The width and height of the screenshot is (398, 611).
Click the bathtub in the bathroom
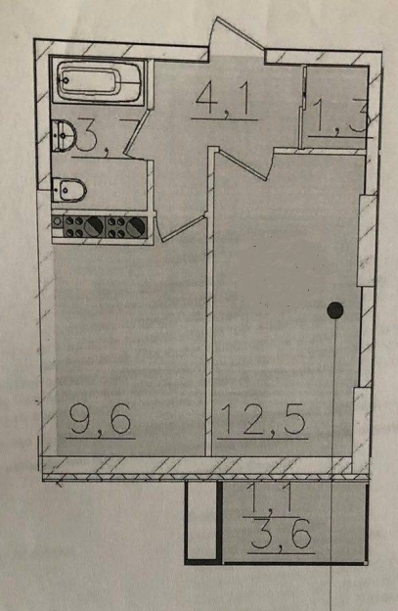coord(98,80)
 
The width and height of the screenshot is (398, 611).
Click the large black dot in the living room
coord(335,310)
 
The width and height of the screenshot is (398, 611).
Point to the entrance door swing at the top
coord(240,33)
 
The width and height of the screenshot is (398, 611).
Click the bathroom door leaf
coord(137,133)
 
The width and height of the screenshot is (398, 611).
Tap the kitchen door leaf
coord(183,229)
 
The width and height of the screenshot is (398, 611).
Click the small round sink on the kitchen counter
coord(57,221)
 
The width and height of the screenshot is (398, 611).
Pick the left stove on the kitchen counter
coord(84,227)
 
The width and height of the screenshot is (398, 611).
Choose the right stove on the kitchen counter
coord(126,227)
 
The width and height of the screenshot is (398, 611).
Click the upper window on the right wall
coord(366,241)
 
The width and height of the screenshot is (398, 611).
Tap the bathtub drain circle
coord(66,80)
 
